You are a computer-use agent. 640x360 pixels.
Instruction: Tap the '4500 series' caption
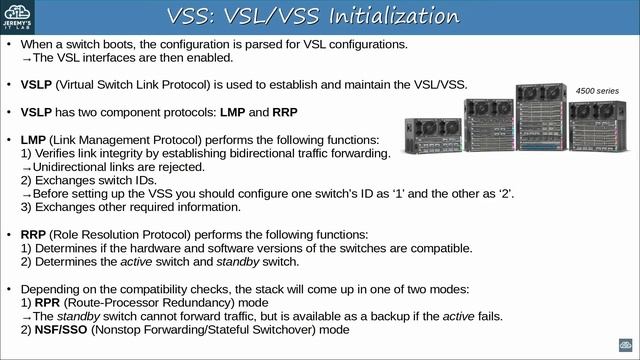[x=597, y=90]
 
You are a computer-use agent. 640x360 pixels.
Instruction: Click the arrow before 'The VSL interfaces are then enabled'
[x=27, y=58]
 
